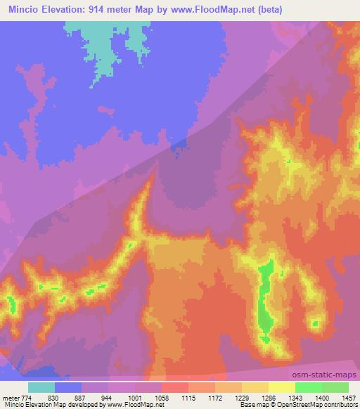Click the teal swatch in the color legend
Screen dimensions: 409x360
[41, 387]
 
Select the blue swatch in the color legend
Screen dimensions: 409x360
[67, 387]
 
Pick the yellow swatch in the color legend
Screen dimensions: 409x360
[281, 387]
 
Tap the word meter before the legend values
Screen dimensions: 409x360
[11, 397]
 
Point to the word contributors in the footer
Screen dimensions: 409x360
[340, 405]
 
